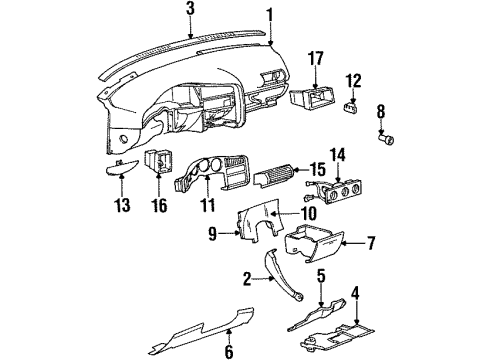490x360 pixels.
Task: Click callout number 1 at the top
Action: [x=269, y=13]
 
